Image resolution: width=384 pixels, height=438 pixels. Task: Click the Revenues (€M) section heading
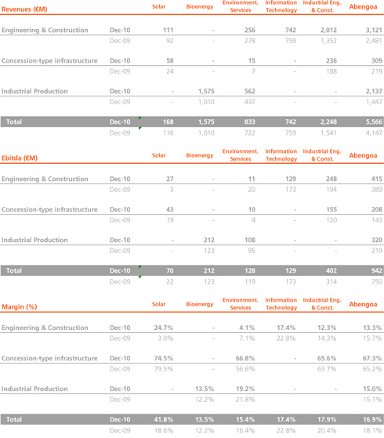click(24, 9)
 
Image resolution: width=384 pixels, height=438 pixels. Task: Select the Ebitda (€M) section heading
click(20, 158)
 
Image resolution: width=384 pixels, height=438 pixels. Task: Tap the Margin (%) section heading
click(20, 306)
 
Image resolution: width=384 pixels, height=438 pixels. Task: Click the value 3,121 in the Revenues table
click(374, 31)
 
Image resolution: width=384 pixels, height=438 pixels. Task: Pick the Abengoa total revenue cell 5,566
click(374, 121)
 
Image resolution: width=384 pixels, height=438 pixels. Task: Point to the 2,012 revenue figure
click(328, 31)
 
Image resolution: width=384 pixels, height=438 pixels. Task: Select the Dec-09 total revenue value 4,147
click(374, 133)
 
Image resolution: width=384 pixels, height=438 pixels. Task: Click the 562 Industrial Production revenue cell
click(249, 92)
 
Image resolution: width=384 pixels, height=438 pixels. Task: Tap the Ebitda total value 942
click(376, 270)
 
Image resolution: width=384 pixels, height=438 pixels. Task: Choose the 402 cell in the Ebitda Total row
click(331, 270)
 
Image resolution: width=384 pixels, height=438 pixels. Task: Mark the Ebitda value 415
click(376, 179)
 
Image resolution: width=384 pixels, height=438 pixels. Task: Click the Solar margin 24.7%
click(164, 328)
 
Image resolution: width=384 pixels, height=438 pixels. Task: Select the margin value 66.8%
click(245, 358)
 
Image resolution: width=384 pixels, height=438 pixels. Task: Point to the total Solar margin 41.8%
click(164, 419)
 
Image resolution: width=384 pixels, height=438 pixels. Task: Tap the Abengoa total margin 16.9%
click(372, 419)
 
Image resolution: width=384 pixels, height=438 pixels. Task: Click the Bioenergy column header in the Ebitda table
click(200, 155)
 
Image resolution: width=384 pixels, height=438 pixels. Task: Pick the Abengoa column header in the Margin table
click(363, 304)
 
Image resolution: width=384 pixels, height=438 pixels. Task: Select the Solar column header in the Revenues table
click(159, 6)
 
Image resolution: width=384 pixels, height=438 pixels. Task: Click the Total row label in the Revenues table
click(14, 121)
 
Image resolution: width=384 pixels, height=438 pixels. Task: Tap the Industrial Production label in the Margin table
click(34, 389)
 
